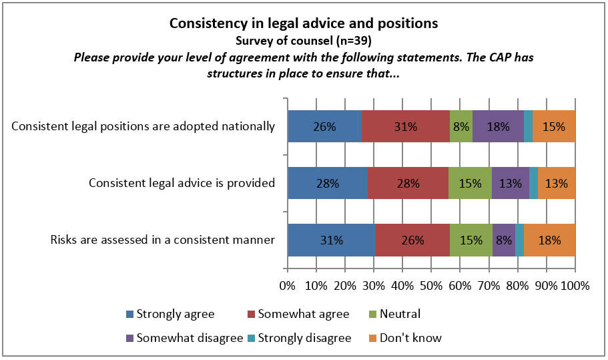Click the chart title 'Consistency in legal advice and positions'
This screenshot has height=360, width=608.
pyautogui.click(x=304, y=23)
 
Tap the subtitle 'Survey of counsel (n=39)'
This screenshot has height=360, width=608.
pyautogui.click(x=304, y=40)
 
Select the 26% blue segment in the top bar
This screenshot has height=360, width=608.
pyautogui.click(x=324, y=126)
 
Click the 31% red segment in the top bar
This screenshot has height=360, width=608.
pyautogui.click(x=405, y=126)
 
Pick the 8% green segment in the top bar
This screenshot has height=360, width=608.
pyautogui.click(x=461, y=126)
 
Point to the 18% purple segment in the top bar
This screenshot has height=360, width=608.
pyautogui.click(x=498, y=126)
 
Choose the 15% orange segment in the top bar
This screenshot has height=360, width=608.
pyautogui.click(x=554, y=126)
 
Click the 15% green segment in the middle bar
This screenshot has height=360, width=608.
pyautogui.click(x=470, y=184)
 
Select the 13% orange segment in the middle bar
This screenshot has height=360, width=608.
pyautogui.click(x=557, y=184)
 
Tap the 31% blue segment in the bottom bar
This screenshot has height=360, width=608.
pyautogui.click(x=332, y=240)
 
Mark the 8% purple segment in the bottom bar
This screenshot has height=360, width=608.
pyautogui.click(x=504, y=240)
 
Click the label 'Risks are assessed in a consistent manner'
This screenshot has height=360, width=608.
pyautogui.click(x=163, y=240)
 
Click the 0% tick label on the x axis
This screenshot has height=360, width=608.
pyautogui.click(x=288, y=287)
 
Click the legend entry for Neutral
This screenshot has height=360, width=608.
pyautogui.click(x=397, y=314)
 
